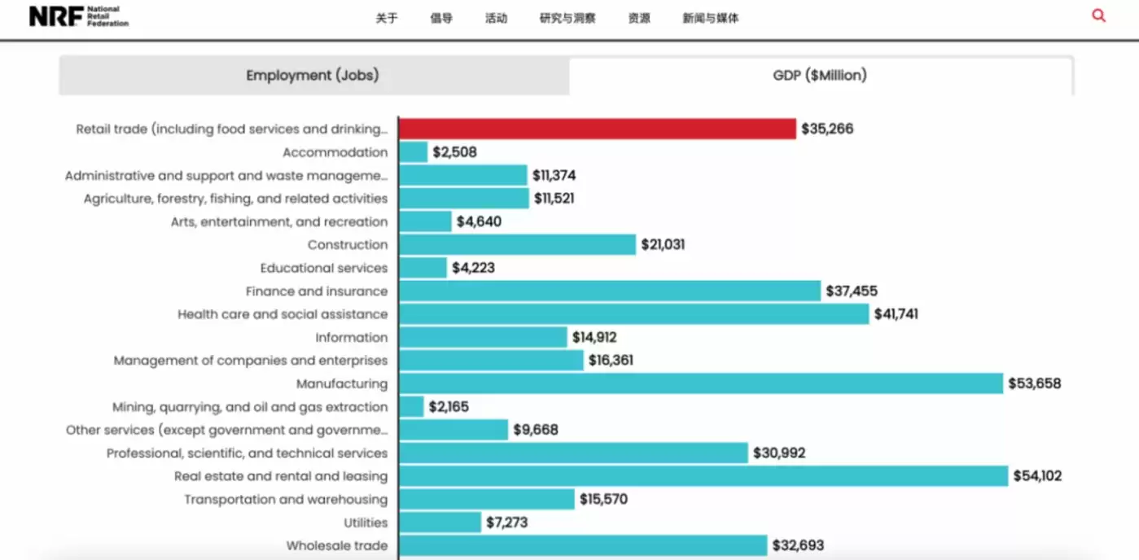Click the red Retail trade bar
[597, 129]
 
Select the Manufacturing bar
[701, 383]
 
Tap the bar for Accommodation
[414, 152]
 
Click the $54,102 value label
[1037, 476]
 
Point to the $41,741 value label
[896, 314]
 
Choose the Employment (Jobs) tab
[313, 76]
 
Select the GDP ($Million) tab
[820, 76]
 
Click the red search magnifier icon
[1098, 15]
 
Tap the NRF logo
[79, 16]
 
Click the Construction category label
[348, 245]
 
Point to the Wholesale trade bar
[583, 545]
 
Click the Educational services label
[324, 268]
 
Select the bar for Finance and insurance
[610, 291]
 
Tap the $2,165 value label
[449, 407]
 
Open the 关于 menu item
[387, 18]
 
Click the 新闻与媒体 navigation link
[710, 18]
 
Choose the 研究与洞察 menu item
[567, 18]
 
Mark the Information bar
[483, 337]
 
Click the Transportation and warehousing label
[286, 499]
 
